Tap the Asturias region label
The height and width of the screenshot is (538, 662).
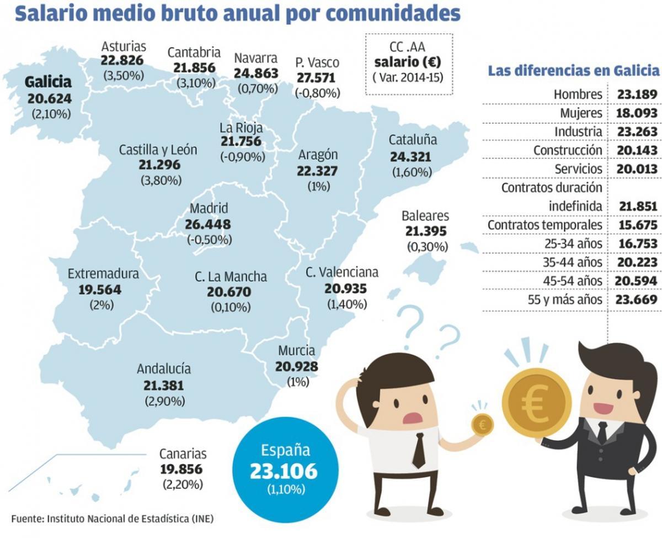pyautogui.click(x=124, y=46)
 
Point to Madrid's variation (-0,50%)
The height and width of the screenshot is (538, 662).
pyautogui.click(x=209, y=240)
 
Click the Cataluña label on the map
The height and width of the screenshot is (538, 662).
pyautogui.click(x=413, y=140)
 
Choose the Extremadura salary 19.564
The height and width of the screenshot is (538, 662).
pyautogui.click(x=95, y=289)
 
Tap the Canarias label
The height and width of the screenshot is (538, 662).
pyautogui.click(x=183, y=454)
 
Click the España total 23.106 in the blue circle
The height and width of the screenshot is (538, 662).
pyautogui.click(x=284, y=471)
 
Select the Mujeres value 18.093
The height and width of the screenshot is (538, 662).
pyautogui.click(x=637, y=113)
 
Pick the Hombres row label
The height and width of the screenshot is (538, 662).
pyautogui.click(x=578, y=94)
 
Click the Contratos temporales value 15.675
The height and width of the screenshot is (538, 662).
pyautogui.click(x=637, y=225)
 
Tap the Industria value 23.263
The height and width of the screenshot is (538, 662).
pyautogui.click(x=637, y=132)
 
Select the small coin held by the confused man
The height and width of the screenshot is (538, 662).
pyautogui.click(x=482, y=424)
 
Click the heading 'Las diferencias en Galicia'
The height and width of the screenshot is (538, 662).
pyautogui.click(x=573, y=71)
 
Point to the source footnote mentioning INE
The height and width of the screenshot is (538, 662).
pyautogui.click(x=111, y=519)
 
